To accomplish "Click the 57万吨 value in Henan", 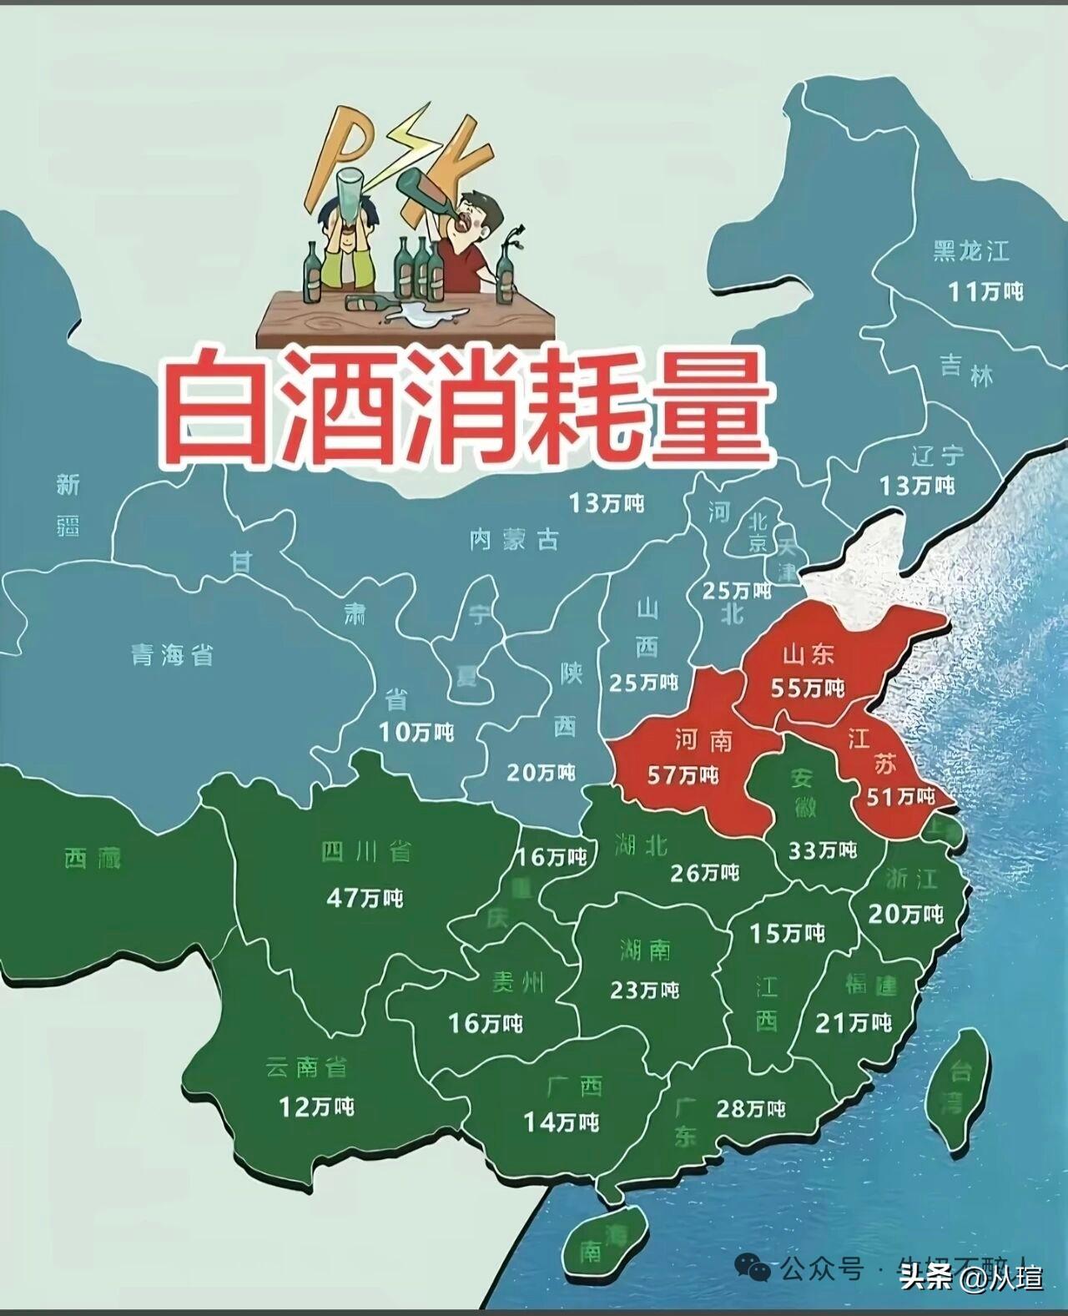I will (x=683, y=775).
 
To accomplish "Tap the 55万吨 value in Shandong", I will (x=809, y=688).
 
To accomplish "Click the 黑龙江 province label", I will (x=970, y=250).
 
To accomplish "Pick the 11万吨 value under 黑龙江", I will (x=985, y=291).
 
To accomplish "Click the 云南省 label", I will (x=306, y=1066).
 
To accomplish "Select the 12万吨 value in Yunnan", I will (x=316, y=1107).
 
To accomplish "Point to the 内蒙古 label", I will (x=514, y=540).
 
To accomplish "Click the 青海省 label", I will (x=173, y=655).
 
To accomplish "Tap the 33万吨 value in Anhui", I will (x=823, y=850).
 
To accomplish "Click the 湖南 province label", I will (x=645, y=950).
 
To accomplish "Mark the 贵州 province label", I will (x=516, y=983).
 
